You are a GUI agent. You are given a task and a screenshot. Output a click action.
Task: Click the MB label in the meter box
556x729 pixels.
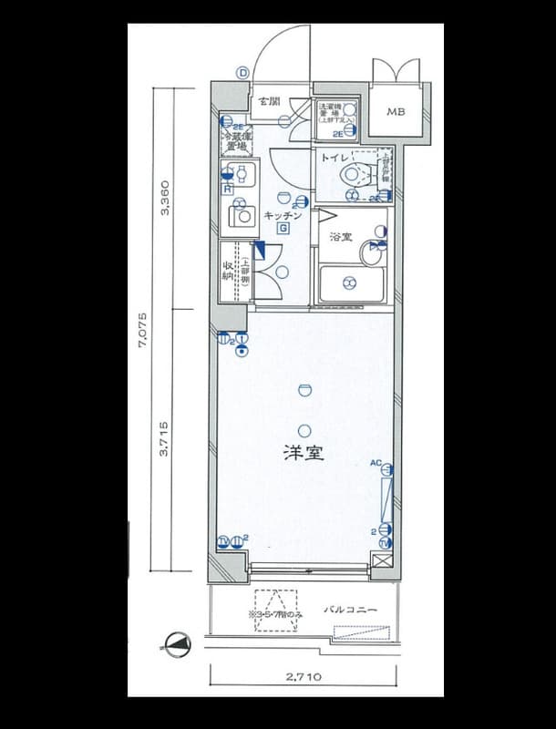[x=396, y=113]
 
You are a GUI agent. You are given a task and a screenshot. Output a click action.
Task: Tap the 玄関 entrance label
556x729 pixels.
[x=268, y=101]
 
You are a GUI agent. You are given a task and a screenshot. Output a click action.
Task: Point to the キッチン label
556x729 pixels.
[x=278, y=215]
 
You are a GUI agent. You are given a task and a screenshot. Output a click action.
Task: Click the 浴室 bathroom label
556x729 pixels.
[x=341, y=237]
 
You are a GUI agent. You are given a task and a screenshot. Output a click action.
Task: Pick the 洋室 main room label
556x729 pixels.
[x=304, y=452]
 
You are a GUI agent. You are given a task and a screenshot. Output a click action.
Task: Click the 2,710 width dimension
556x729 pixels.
[x=303, y=676]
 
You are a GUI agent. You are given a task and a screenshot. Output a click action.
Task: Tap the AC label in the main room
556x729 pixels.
[x=375, y=463]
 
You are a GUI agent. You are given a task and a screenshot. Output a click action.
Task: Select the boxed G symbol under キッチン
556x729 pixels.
[x=283, y=228]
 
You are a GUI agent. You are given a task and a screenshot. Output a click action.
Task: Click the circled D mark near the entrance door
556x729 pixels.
[x=242, y=74]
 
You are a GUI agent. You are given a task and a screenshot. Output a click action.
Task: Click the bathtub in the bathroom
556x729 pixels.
[x=350, y=284]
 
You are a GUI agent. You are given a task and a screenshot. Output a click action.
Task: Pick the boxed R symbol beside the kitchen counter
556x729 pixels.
[x=226, y=190]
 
